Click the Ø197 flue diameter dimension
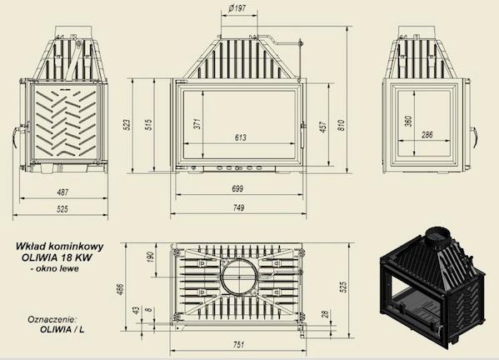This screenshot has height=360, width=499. [237, 8]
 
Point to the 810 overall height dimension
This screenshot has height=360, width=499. [341, 125]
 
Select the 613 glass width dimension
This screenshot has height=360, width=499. [241, 137]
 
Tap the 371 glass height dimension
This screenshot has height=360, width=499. [197, 123]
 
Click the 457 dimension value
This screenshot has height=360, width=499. [322, 127]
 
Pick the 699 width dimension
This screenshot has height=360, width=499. [237, 189]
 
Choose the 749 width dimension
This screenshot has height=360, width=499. [238, 207]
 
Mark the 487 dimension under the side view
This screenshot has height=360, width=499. [62, 192]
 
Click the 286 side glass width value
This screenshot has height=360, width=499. [427, 135]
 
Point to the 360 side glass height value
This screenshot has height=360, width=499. [408, 121]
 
